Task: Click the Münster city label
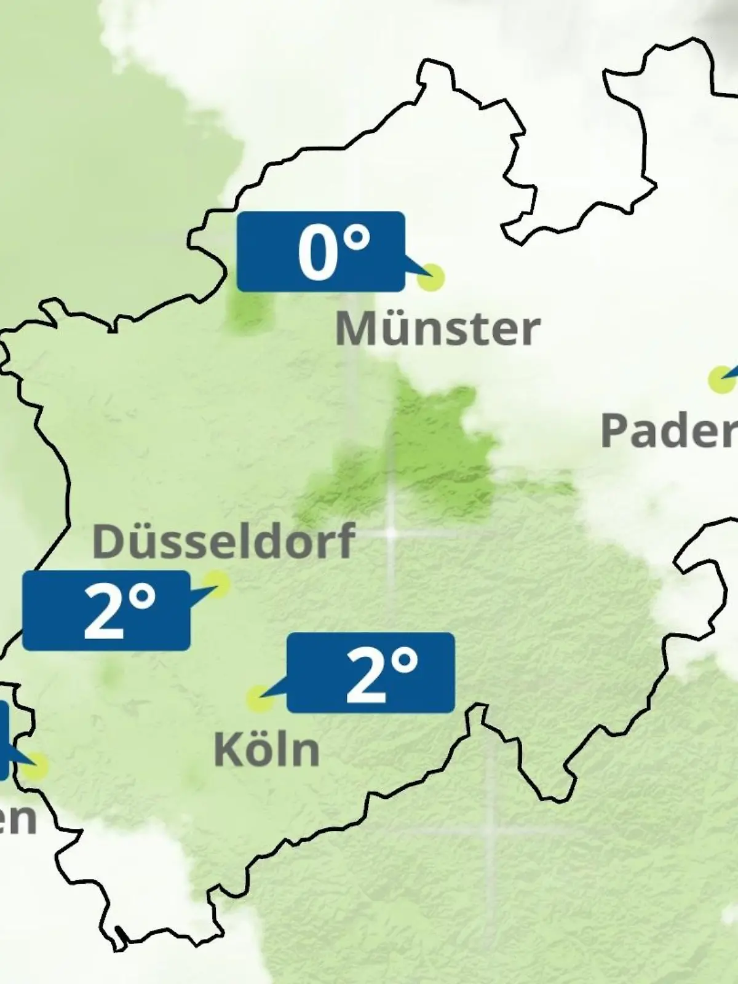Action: pyautogui.click(x=437, y=329)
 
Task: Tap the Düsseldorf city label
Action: pyautogui.click(x=223, y=541)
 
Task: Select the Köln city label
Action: pyautogui.click(x=267, y=749)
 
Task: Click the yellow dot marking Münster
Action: pyautogui.click(x=430, y=277)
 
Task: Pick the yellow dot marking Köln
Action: pyautogui.click(x=260, y=699)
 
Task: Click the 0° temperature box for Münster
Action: pyautogui.click(x=321, y=252)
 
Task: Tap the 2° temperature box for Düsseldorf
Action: pyautogui.click(x=106, y=611)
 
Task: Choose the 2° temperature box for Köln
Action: pyautogui.click(x=371, y=673)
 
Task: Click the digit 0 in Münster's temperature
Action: pyautogui.click(x=317, y=253)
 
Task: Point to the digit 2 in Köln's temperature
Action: pyautogui.click(x=365, y=674)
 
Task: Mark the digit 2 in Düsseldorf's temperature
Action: pyautogui.click(x=103, y=612)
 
